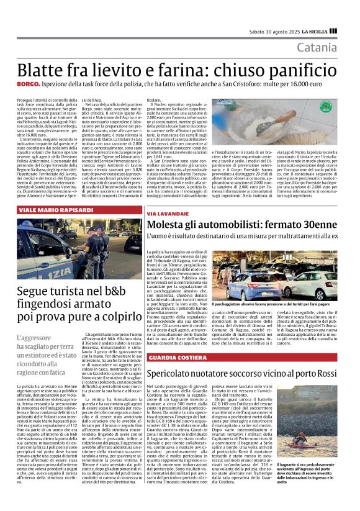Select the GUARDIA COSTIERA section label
point(173,359)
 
